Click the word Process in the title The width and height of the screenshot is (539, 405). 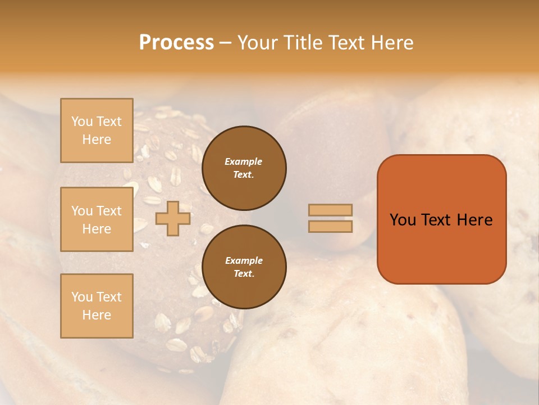[176, 43]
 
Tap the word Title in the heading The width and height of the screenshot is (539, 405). [302, 43]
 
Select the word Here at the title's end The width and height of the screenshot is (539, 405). [391, 43]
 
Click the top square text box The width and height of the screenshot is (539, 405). [97, 130]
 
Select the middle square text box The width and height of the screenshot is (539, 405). [97, 219]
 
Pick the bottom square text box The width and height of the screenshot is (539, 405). [97, 306]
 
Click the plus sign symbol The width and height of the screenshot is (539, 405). [173, 218]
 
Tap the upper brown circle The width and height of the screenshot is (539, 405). [244, 168]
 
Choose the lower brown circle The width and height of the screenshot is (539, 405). [244, 267]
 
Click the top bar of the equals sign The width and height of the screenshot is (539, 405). [330, 210]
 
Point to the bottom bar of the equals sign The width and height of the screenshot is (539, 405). [330, 227]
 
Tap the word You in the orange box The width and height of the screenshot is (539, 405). [403, 220]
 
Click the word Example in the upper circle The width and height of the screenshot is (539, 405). [244, 161]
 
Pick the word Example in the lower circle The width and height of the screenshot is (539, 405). [244, 260]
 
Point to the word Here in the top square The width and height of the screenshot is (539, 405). [97, 139]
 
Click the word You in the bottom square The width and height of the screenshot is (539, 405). [82, 297]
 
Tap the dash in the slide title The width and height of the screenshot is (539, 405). [226, 43]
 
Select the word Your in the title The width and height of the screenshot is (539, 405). [256, 43]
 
